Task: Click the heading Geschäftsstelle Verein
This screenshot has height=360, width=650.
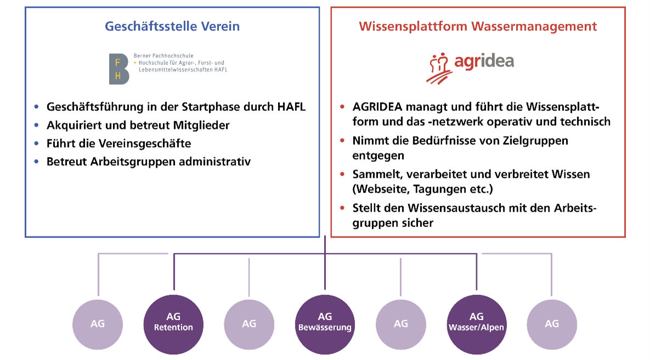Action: click(172, 26)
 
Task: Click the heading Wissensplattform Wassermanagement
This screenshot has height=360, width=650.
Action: click(478, 26)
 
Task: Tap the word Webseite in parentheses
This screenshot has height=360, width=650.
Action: click(381, 190)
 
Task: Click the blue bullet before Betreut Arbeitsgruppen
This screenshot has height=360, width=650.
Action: click(37, 161)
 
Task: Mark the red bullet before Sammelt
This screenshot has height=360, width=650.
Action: click(343, 175)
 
